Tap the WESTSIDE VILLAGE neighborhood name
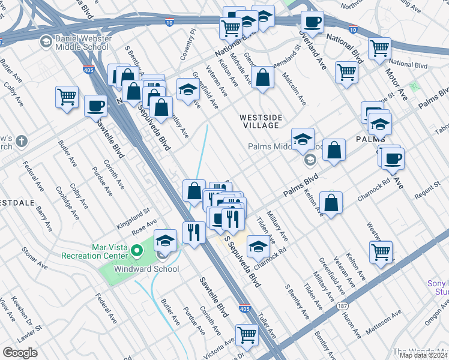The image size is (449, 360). pyautogui.click(x=260, y=121)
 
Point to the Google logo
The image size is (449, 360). pyautogui.click(x=20, y=353)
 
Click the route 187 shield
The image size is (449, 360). pyautogui.click(x=342, y=306)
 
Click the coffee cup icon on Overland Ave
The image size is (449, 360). pyautogui.click(x=312, y=23)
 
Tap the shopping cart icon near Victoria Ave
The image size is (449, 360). pyautogui.click(x=247, y=335)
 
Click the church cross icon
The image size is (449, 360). pyautogui.click(x=22, y=142)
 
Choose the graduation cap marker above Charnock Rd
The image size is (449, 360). pyautogui.click(x=258, y=246)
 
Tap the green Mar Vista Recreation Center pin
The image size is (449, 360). pyautogui.click(x=137, y=250)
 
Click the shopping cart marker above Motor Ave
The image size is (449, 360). pyautogui.click(x=379, y=49)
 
